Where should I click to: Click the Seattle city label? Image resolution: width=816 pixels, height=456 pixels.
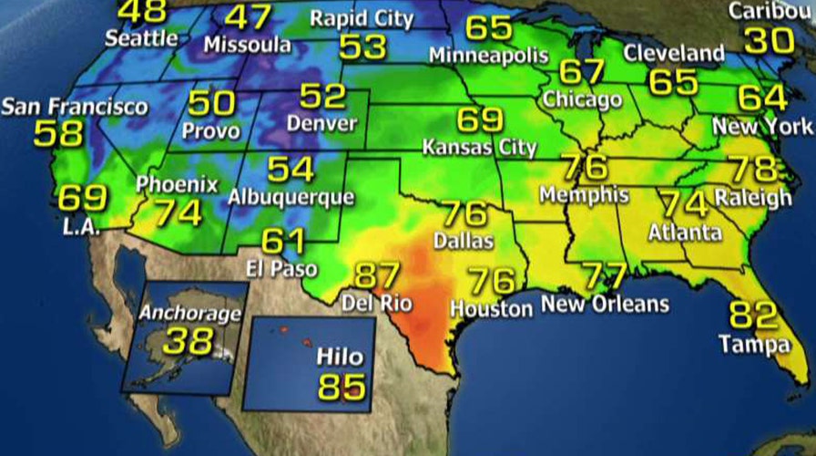[141, 38]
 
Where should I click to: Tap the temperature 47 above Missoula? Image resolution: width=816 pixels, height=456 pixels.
[249, 16]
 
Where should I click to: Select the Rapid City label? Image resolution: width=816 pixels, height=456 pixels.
[362, 17]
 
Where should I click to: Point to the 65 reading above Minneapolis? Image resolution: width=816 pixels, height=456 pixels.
[489, 27]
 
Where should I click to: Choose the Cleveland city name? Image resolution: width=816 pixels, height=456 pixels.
[674, 53]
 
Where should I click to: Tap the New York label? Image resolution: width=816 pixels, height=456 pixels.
[761, 127]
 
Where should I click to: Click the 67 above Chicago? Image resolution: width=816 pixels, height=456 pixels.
[581, 71]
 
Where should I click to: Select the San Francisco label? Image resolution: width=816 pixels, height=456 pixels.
[74, 107]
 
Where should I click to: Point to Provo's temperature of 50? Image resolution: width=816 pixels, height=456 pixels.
[211, 102]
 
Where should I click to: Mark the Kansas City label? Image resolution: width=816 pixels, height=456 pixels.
[480, 146]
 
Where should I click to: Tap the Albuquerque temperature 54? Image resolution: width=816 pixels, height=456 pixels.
[291, 169]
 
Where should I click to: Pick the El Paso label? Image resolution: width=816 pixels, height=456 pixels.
[282, 269]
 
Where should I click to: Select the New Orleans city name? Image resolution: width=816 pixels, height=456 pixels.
[605, 304]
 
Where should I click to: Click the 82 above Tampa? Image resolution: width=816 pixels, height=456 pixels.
[752, 316]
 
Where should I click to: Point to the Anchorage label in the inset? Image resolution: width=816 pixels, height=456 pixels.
[190, 315]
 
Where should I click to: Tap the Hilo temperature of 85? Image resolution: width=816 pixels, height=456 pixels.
[341, 385]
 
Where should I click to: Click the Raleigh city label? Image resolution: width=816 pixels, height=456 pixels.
[752, 197]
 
